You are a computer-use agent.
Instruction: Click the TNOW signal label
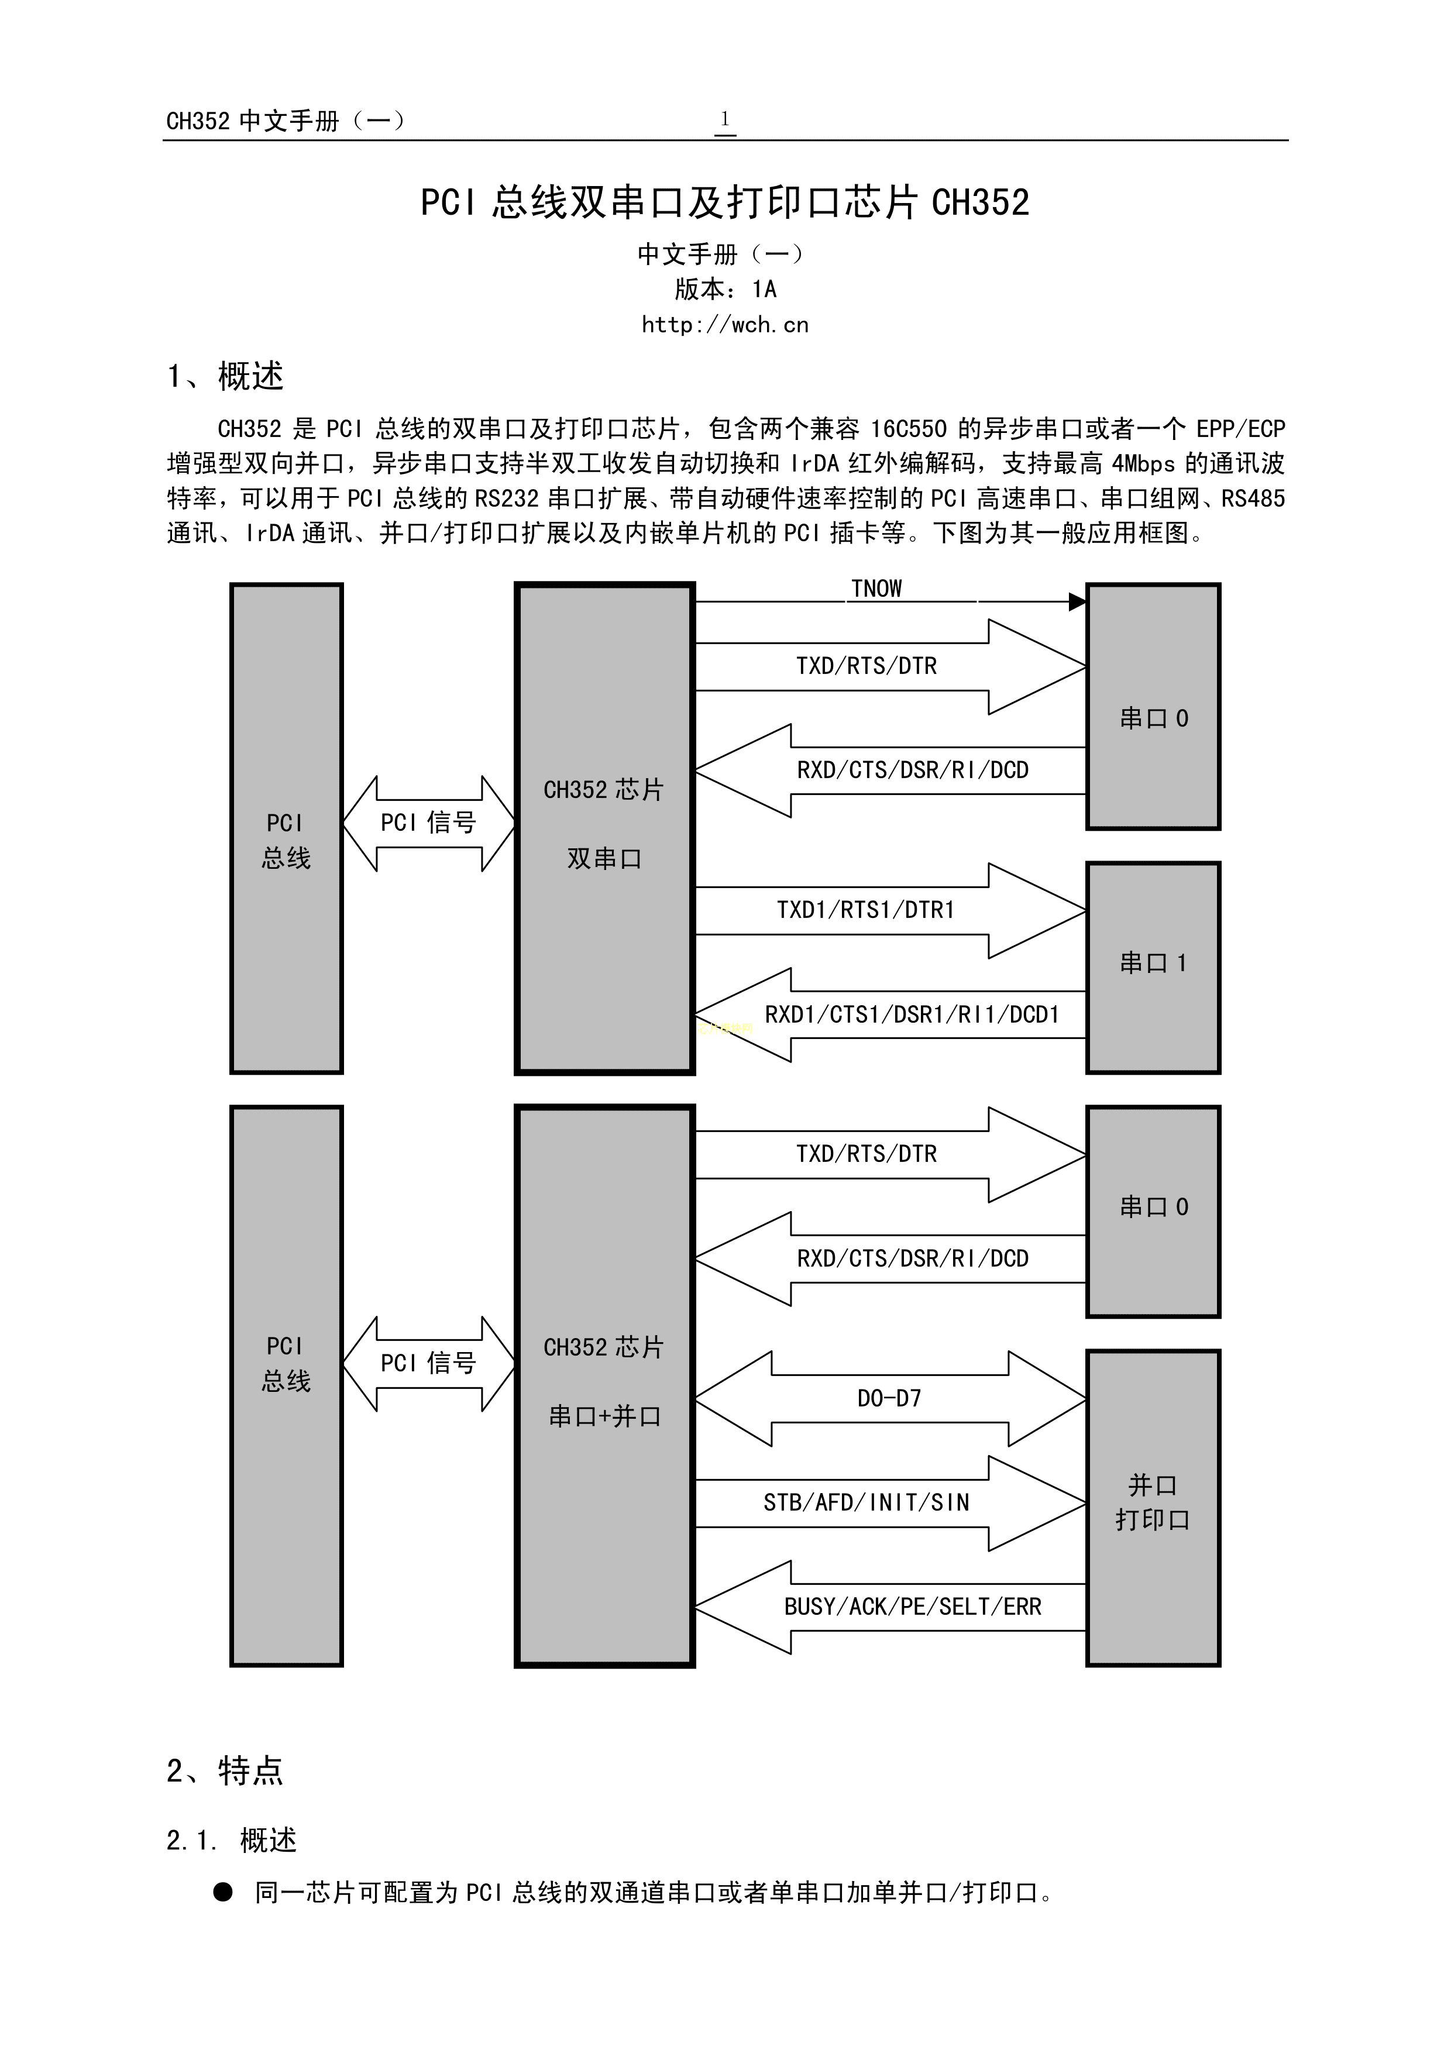[x=875, y=589]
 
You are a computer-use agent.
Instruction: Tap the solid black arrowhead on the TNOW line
[x=1077, y=602]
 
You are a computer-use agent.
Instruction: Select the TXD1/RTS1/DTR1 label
[x=865, y=910]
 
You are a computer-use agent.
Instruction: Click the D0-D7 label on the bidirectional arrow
[x=889, y=1398]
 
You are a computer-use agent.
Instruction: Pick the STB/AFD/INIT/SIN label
[x=865, y=1503]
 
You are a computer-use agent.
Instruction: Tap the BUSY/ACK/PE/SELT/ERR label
[x=912, y=1607]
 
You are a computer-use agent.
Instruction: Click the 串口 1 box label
[x=1153, y=963]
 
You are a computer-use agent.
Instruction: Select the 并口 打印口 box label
[x=1153, y=1502]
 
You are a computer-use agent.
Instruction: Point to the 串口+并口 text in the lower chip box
[x=604, y=1416]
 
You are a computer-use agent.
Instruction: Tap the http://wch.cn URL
[x=724, y=325]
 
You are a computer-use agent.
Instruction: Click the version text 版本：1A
[x=725, y=289]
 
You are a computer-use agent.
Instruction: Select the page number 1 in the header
[x=725, y=119]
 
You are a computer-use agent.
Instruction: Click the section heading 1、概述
[x=225, y=376]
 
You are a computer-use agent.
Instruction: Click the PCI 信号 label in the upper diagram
[x=428, y=823]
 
